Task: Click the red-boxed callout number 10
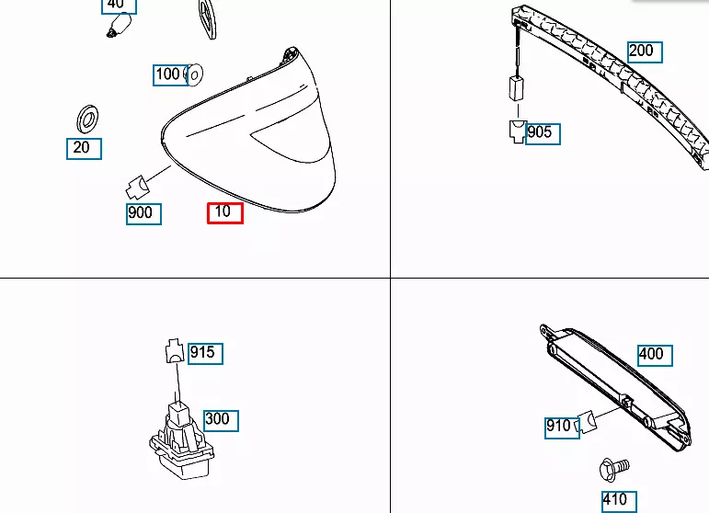coord(224,212)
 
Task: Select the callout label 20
coord(84,147)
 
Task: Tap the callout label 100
coord(168,74)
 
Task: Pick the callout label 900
coord(143,214)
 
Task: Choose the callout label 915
coord(204,352)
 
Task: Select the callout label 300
coord(219,419)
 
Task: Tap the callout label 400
coord(651,354)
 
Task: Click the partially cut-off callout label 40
coord(117,5)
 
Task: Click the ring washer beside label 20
coord(86,118)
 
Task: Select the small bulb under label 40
coord(114,31)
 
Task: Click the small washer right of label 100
coord(195,74)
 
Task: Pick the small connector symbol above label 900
coord(137,187)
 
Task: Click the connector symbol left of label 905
coord(516,131)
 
